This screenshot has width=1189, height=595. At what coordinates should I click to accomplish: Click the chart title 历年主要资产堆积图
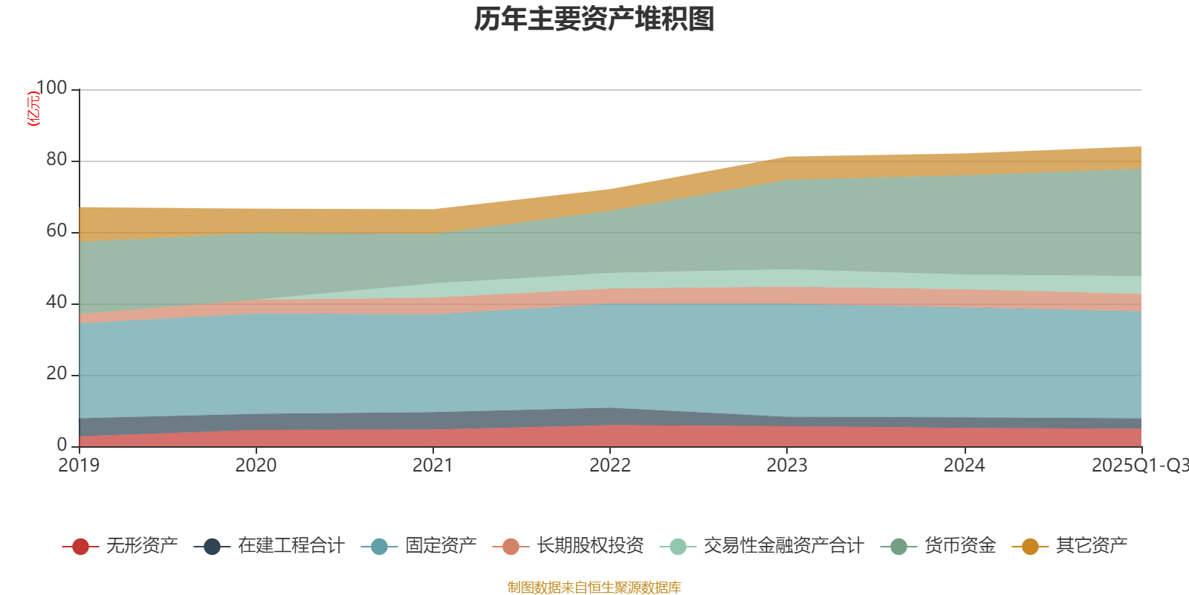point(594,20)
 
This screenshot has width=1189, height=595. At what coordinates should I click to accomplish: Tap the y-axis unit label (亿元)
point(33,109)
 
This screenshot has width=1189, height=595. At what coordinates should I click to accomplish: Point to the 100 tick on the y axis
point(51,89)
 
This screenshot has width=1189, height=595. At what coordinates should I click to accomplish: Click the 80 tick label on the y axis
point(56,160)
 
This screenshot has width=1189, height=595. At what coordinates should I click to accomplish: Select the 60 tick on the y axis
point(56,231)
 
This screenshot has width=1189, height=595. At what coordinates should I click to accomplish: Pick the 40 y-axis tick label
point(56,303)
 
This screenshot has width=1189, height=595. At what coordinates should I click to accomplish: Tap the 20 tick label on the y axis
point(56,374)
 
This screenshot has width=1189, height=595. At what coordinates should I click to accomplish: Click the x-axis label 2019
point(79,466)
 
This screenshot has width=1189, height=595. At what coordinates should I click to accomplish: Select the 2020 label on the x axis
point(256,466)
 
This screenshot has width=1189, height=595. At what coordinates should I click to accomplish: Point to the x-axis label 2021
point(432,466)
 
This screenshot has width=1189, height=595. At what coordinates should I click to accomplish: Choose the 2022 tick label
point(609,466)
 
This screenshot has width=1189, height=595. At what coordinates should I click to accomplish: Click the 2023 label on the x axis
point(787,466)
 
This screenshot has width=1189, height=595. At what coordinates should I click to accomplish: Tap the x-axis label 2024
point(964,466)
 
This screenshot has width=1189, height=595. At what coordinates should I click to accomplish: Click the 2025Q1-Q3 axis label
point(1138,466)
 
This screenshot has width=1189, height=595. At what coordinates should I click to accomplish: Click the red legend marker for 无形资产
point(80,547)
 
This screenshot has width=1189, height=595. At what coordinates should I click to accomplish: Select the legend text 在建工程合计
point(291,547)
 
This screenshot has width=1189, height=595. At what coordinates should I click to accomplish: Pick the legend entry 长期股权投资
point(590,547)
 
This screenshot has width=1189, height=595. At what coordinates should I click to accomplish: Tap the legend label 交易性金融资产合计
point(783,547)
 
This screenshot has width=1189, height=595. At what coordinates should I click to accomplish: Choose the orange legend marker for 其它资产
point(1030,547)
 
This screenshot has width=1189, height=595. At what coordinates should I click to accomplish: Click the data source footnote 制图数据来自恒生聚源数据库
point(594,588)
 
